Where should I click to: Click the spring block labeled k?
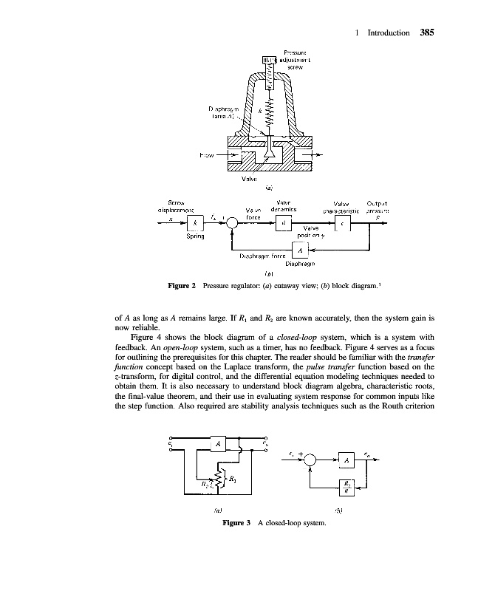point(195,224)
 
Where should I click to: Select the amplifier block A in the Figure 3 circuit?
point(219,443)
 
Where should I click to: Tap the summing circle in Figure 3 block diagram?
point(311,460)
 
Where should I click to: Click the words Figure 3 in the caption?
point(238,523)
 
